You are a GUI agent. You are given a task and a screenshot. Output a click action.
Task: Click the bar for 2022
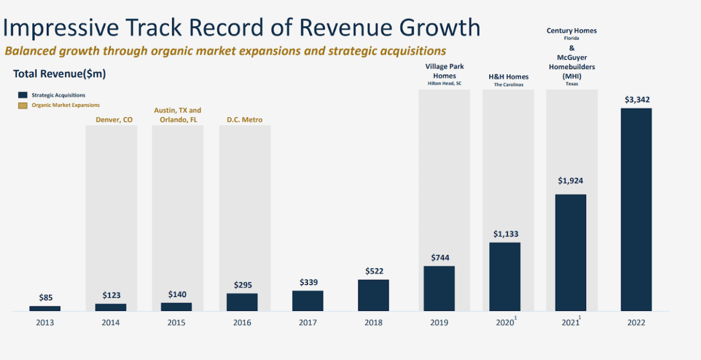click(636, 210)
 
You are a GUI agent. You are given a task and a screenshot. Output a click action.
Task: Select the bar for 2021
click(571, 252)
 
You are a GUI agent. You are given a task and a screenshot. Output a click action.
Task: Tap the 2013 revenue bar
click(45, 308)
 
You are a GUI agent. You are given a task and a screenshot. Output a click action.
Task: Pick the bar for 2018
click(373, 295)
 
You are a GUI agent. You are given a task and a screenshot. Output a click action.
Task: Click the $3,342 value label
click(636, 100)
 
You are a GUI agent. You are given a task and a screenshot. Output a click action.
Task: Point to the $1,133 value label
click(505, 234)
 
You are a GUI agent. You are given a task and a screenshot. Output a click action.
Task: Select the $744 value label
click(440, 257)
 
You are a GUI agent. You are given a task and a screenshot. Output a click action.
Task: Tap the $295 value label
click(242, 285)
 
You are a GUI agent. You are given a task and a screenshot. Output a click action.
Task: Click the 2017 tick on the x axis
click(308, 322)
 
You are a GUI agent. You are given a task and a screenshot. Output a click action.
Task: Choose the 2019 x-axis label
click(439, 322)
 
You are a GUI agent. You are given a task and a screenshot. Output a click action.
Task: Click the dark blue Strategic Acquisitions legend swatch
click(23, 95)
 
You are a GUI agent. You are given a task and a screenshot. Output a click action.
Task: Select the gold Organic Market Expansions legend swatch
click(23, 105)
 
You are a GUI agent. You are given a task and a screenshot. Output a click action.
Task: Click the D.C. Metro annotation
click(244, 120)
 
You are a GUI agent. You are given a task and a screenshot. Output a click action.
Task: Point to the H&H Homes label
click(508, 77)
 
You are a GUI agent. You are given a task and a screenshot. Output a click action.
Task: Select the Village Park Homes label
click(444, 71)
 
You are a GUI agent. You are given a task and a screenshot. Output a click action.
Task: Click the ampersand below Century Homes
click(572, 48)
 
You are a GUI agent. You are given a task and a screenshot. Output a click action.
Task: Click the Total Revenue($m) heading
click(59, 74)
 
